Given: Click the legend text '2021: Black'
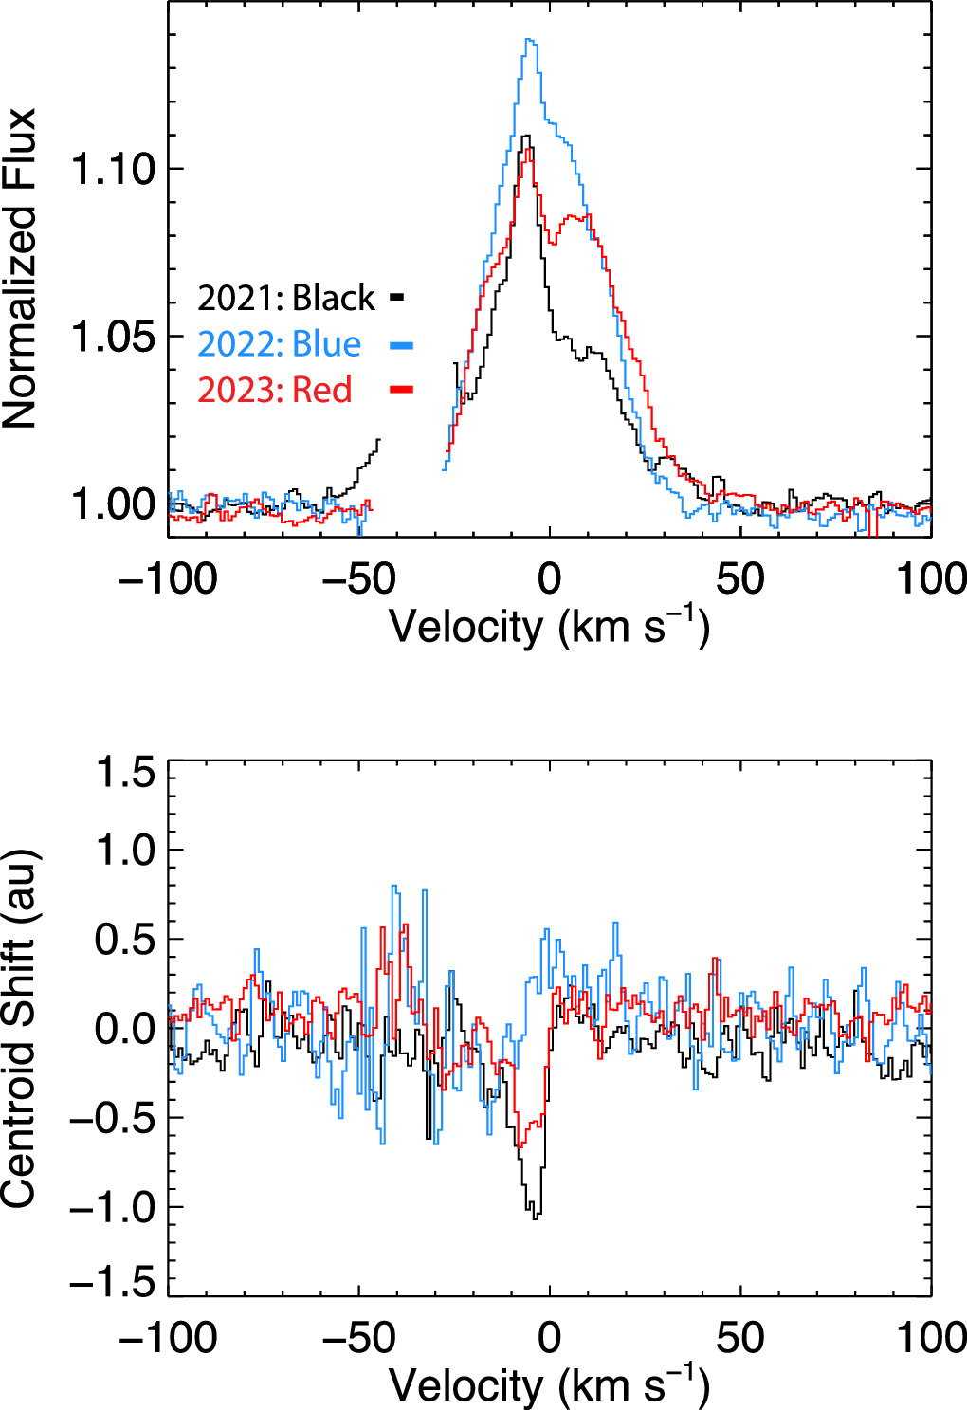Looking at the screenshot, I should (x=286, y=299).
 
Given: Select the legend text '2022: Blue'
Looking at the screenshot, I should (x=280, y=344).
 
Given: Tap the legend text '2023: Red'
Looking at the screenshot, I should (x=275, y=390).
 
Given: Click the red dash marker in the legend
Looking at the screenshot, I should (x=400, y=389).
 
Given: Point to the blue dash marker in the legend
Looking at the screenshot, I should (x=401, y=345).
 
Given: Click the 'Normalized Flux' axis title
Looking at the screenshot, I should (x=21, y=268).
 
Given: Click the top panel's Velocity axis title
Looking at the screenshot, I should (x=549, y=627).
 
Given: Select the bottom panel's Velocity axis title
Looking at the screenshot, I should (x=549, y=1385).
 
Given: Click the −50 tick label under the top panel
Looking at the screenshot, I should (x=358, y=579).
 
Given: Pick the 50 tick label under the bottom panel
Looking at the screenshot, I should (x=740, y=1338).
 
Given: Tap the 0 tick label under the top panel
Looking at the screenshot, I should (x=550, y=579).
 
